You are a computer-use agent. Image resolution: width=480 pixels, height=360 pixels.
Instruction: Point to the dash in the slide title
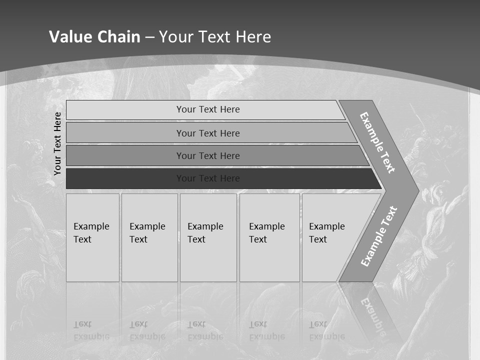click(149, 37)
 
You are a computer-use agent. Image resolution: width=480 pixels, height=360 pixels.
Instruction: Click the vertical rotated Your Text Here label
click(57, 143)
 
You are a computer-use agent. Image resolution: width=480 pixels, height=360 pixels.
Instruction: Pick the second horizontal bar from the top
click(208, 133)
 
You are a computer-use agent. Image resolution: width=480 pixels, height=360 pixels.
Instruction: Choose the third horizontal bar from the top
click(208, 155)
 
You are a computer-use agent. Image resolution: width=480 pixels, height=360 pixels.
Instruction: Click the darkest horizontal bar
click(208, 178)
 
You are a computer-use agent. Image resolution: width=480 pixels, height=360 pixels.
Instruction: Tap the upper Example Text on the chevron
click(377, 142)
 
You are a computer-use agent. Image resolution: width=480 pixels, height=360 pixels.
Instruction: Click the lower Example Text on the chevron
click(378, 236)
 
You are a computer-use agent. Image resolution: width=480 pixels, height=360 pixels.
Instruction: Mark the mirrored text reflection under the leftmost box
click(91, 330)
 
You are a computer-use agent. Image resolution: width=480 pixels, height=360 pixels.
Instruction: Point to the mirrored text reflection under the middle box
click(205, 330)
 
